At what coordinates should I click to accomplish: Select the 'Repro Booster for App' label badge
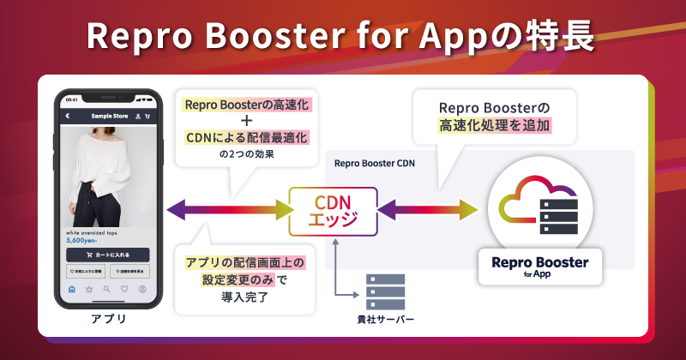pyautogui.click(x=540, y=266)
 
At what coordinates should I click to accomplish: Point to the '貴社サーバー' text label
pyautogui.click(x=385, y=319)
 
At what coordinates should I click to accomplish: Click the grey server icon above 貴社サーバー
pyautogui.click(x=385, y=292)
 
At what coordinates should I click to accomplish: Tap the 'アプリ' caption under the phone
pyautogui.click(x=108, y=320)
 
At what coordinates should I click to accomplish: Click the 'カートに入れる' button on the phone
pyautogui.click(x=108, y=255)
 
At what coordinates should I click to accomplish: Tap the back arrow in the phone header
pyautogui.click(x=68, y=116)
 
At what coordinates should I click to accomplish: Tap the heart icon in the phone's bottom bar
pyautogui.click(x=124, y=289)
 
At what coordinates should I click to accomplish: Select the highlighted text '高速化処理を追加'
pyautogui.click(x=493, y=126)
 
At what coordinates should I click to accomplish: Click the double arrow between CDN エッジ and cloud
pyautogui.click(x=429, y=208)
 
